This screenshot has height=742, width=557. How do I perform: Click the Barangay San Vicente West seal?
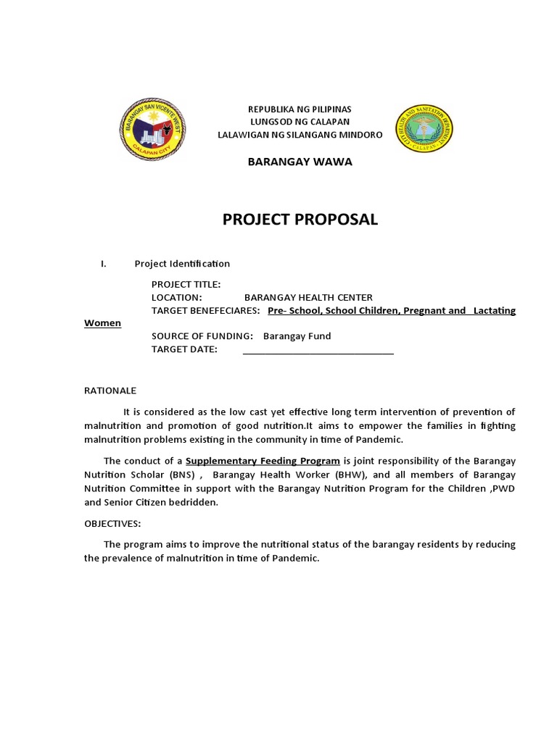[152, 130]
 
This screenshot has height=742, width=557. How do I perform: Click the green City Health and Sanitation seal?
[424, 129]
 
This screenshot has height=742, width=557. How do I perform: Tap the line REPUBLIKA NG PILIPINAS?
[300, 109]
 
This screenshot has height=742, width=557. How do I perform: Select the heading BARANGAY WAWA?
[300, 162]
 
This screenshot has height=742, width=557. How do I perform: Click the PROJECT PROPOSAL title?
[300, 220]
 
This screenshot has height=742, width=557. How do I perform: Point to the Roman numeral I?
[104, 264]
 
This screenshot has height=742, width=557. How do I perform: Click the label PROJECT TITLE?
[186, 285]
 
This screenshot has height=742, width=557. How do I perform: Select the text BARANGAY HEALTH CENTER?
[308, 297]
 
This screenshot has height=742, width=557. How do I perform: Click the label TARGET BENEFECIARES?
[205, 310]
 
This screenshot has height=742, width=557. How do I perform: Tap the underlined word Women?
[103, 323]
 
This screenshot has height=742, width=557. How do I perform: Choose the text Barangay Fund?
[297, 336]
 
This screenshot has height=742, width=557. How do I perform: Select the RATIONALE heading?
[110, 391]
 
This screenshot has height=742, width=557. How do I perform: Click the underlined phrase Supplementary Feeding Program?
[263, 461]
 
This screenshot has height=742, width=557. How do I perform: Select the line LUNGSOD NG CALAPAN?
[300, 122]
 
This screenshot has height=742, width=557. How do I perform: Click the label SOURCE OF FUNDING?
[202, 336]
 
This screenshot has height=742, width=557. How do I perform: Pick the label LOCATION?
[176, 297]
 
